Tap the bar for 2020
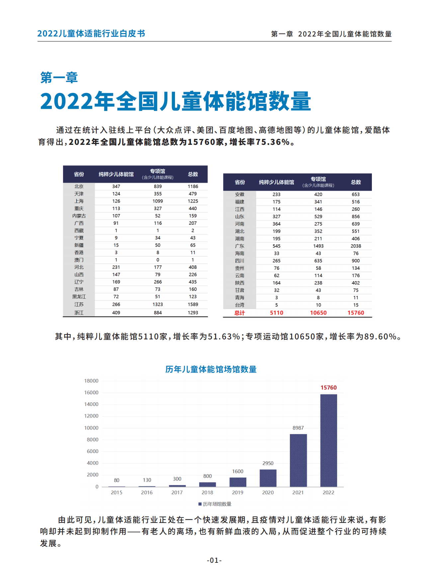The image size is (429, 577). coord(268,478)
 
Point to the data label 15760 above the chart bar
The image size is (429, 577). coord(328,387)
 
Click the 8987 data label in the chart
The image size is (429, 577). coord(298,428)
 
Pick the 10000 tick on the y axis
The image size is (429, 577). coord(91,428)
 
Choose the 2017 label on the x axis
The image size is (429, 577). coord(177,492)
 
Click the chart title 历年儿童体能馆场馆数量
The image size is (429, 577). coord(211,369)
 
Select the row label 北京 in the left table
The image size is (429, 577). coord(79,187)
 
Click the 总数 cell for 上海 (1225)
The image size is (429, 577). coord(193,201)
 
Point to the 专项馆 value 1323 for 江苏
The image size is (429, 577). coord(158,304)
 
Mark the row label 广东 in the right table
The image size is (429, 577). coord(239,246)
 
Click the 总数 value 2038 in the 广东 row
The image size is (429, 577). coord(356,246)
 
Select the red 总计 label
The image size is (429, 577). coord(239,313)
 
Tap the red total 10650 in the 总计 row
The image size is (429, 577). coord(318,313)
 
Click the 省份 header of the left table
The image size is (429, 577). coord(79,174)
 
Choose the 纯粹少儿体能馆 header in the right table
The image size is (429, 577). coord(276,182)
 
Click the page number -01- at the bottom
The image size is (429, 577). coord(214,560)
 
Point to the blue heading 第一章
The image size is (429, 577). coord(59,78)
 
